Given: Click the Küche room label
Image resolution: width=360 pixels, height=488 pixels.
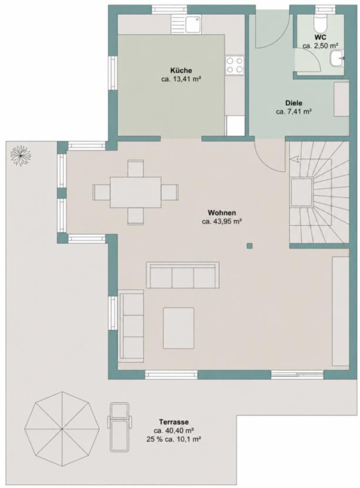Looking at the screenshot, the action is coord(181,71).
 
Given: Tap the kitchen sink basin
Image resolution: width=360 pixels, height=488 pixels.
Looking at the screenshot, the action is coord(194,24).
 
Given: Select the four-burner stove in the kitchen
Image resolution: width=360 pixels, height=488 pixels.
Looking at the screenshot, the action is coord(235,65).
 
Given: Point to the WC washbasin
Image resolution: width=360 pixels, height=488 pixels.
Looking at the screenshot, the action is coord(337,58).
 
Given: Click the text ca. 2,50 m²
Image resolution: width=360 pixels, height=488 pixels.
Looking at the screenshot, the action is coord(320,46).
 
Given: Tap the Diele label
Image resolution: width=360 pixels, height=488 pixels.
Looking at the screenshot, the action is coord(294,103).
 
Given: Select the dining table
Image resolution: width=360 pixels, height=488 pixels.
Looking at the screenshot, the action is coord(135,192).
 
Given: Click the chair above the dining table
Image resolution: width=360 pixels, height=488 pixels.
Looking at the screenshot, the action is coord(135,169).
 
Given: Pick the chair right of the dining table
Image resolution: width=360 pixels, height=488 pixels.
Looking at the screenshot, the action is coord(170,192).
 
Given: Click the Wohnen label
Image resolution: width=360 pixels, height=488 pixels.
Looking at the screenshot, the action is coord(222,213).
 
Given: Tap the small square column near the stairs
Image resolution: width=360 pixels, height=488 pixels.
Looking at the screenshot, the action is coord(249,246).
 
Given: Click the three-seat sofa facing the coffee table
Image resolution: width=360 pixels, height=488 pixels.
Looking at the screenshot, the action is coord(182,275).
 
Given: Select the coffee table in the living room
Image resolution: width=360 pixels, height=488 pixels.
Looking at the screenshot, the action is coord(178,327).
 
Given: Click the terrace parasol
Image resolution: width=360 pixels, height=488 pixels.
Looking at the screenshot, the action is coord(62,429).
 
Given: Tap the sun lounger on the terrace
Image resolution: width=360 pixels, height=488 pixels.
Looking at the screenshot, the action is coord(119,426).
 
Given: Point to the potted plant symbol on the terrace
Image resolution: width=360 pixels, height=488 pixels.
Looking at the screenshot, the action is coord(21,155).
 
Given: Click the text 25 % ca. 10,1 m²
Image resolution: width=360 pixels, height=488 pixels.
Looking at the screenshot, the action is coord(173,439).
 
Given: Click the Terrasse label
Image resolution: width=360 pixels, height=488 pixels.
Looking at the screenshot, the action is coord(174,422).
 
